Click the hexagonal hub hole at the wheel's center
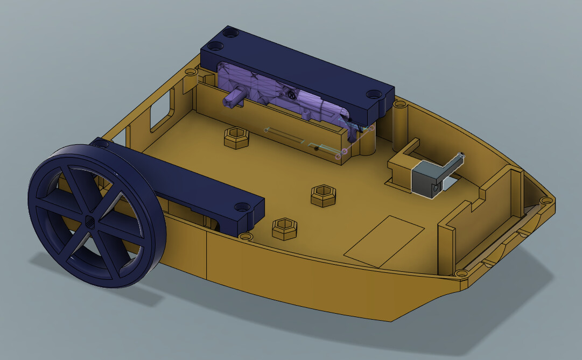coord(90,221)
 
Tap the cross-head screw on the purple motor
coord(291,95)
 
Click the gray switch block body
coord(425,179)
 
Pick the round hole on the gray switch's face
coord(434,189)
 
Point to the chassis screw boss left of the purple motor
coord(191,71)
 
